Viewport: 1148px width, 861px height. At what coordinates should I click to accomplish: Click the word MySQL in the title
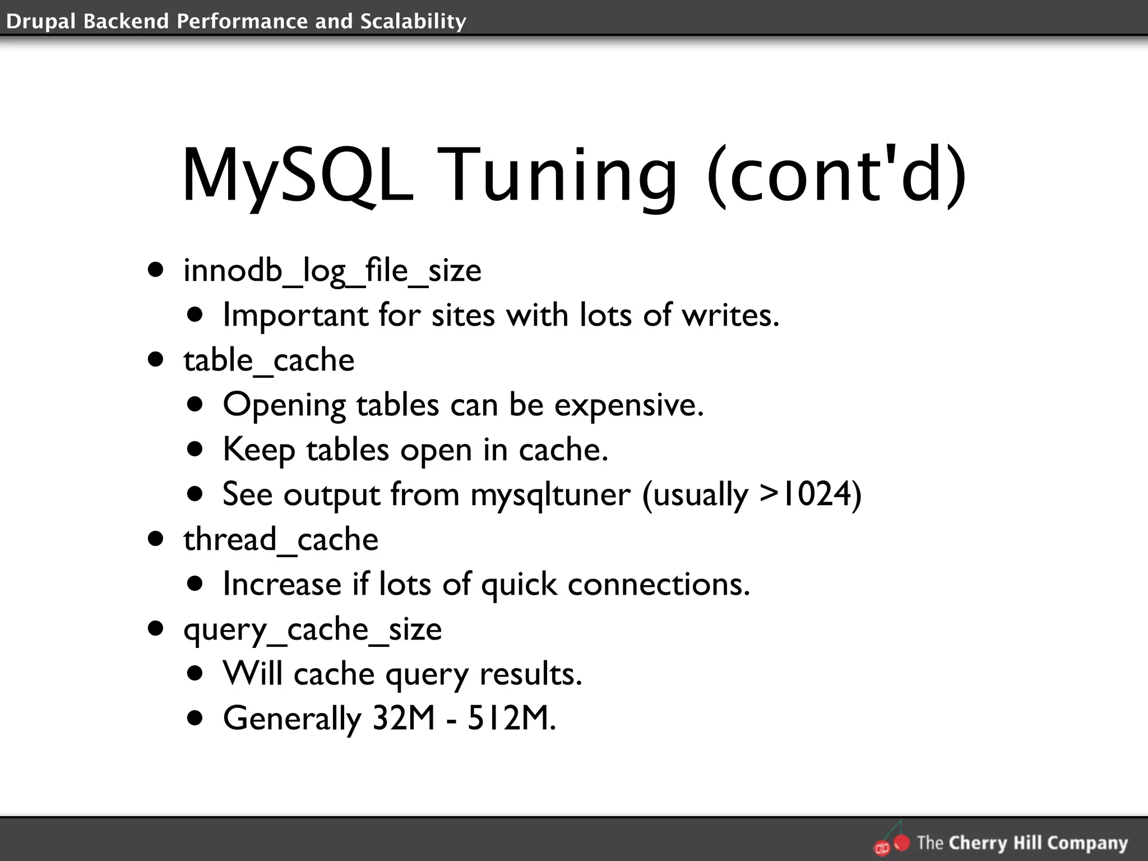pyautogui.click(x=298, y=175)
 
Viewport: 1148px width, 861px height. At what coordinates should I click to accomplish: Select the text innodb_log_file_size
pyautogui.click(x=332, y=271)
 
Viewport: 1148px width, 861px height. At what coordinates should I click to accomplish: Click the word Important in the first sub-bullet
pyautogui.click(x=294, y=315)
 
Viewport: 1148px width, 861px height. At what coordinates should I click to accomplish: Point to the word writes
pyautogui.click(x=730, y=315)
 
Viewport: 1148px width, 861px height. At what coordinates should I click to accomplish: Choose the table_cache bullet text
pyautogui.click(x=269, y=360)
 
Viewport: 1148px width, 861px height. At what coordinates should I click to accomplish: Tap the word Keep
pyautogui.click(x=258, y=450)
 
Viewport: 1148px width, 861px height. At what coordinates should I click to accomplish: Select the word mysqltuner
pyautogui.click(x=550, y=495)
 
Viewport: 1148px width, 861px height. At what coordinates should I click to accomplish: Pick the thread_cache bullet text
pyautogui.click(x=280, y=540)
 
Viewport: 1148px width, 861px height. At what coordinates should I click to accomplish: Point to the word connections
pyautogui.click(x=659, y=584)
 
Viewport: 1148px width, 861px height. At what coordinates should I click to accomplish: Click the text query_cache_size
pyautogui.click(x=312, y=629)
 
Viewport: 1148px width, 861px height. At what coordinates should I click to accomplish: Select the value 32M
pyautogui.click(x=404, y=718)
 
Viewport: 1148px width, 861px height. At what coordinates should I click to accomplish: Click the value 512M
pyautogui.click(x=511, y=718)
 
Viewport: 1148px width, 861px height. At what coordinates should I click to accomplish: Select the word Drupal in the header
pyautogui.click(x=40, y=21)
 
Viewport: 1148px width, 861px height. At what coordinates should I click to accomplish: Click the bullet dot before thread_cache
pyautogui.click(x=156, y=539)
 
